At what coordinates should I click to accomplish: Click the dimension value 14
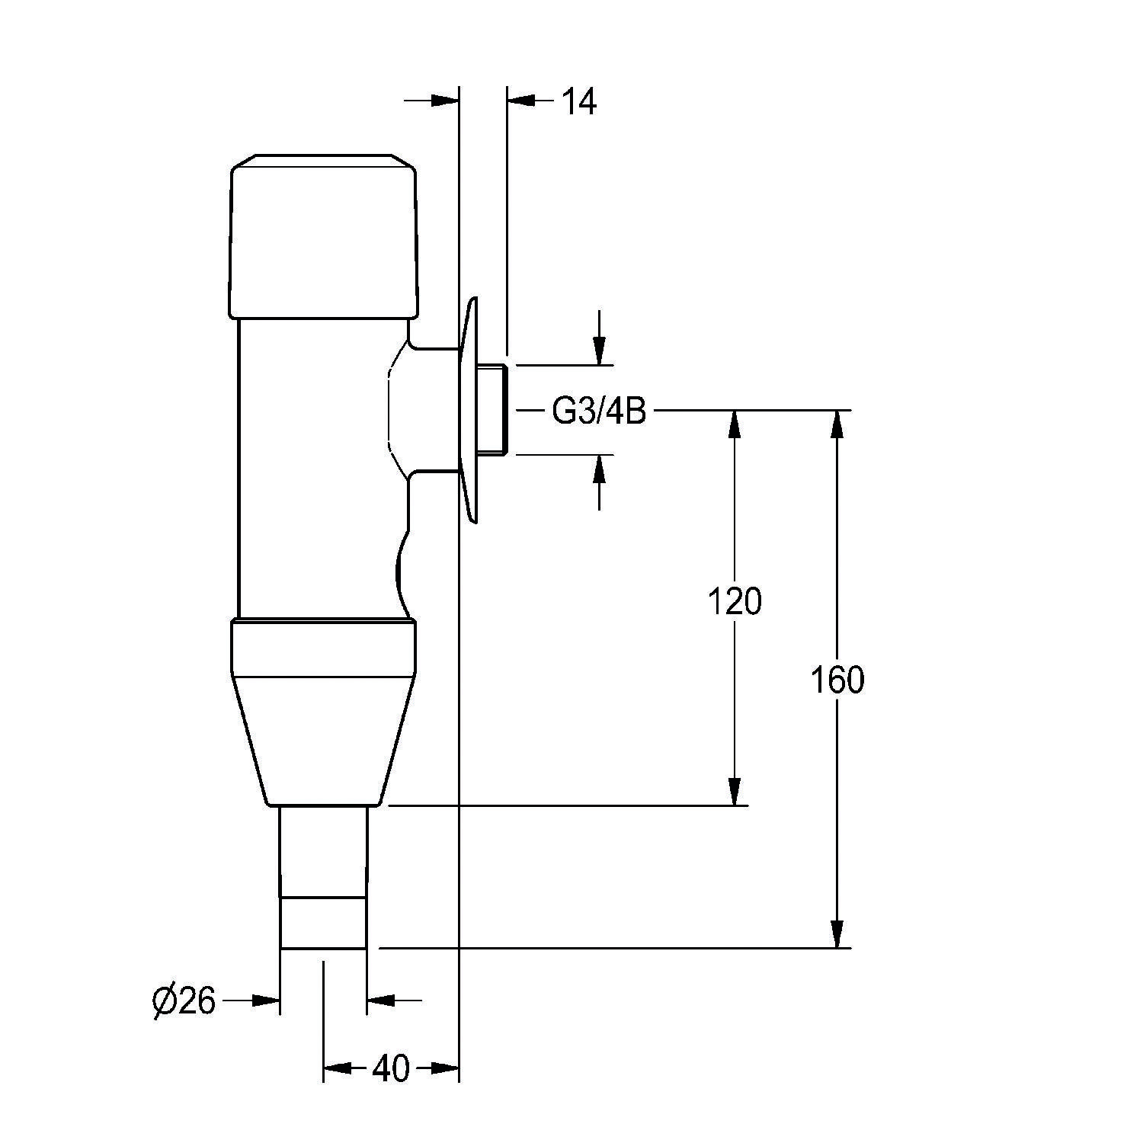579,101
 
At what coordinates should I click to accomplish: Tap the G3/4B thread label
598,412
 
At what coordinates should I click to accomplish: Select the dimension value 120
735,602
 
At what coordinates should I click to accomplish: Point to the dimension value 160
837,680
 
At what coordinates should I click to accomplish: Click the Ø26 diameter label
184,1001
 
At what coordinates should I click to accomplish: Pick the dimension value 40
390,1069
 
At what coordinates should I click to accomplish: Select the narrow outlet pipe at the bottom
323,877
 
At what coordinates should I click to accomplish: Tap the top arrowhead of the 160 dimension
837,425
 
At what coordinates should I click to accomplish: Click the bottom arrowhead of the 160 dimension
837,934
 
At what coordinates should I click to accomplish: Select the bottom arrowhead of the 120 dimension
735,791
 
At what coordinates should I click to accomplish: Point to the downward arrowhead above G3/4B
600,351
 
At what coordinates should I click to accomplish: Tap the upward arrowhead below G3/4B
600,469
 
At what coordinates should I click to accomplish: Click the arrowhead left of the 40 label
338,1069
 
